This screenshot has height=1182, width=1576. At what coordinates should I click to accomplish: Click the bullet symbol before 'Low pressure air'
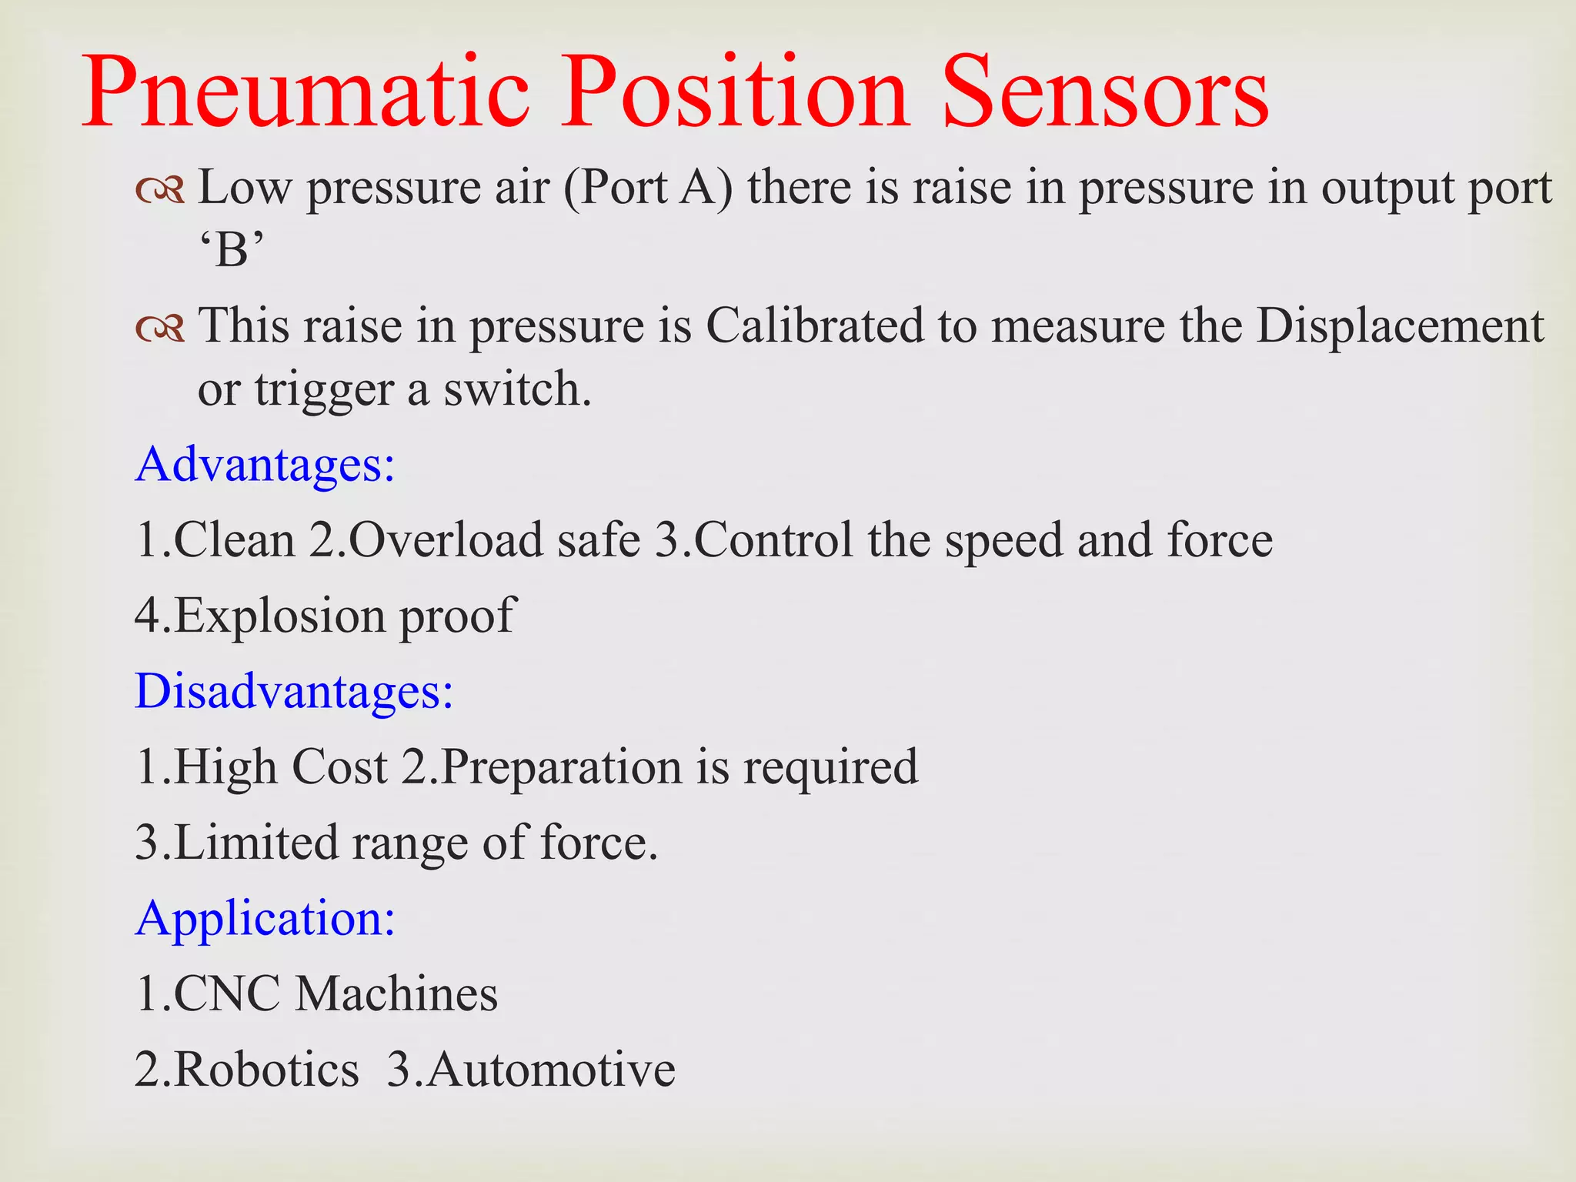point(160,189)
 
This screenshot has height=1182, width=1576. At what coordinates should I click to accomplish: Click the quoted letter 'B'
point(232,250)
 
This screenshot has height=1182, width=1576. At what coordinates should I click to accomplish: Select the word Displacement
point(1400,326)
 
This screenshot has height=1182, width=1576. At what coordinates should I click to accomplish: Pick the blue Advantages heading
point(265,464)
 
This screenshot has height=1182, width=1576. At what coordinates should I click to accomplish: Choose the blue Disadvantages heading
point(294,690)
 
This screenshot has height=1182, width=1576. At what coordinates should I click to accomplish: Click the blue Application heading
point(265,917)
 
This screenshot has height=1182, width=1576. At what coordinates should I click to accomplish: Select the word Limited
point(256,842)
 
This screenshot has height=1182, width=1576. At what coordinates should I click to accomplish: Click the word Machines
point(397,993)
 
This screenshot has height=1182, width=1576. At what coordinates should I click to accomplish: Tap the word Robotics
point(266,1069)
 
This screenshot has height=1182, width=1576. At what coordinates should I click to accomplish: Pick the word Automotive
point(551,1069)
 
